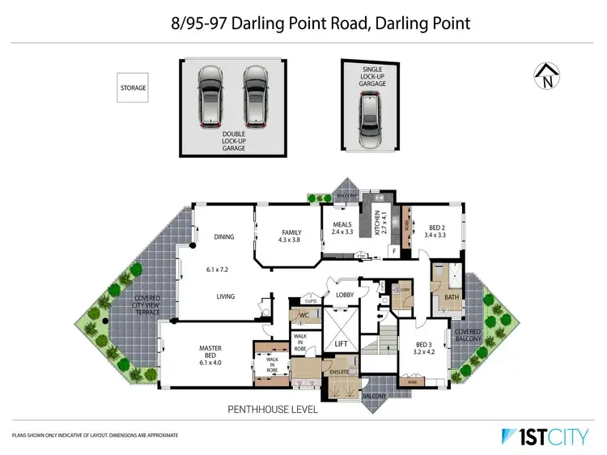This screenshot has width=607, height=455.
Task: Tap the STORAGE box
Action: coord(134,87)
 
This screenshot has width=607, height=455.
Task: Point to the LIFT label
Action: coord(342,344)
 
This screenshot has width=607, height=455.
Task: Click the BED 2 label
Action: coord(436,232)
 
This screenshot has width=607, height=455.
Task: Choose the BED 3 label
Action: coord(425,349)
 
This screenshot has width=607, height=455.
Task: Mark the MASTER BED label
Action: coord(210,353)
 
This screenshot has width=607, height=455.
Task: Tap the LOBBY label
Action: coord(347,296)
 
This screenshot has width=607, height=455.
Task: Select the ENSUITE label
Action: coord(339,372)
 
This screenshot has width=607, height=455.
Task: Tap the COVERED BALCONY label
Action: coord(469,336)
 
